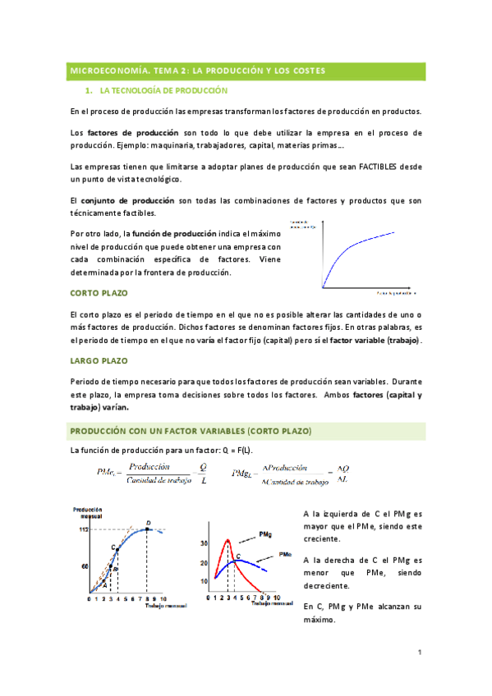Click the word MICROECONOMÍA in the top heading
tap(103, 71)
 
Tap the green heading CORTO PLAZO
tap(99, 293)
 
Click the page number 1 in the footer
tap(420, 652)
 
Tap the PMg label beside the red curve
tap(265, 534)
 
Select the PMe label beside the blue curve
tap(286, 554)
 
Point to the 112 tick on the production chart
tap(84, 529)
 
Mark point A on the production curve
tap(105, 584)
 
